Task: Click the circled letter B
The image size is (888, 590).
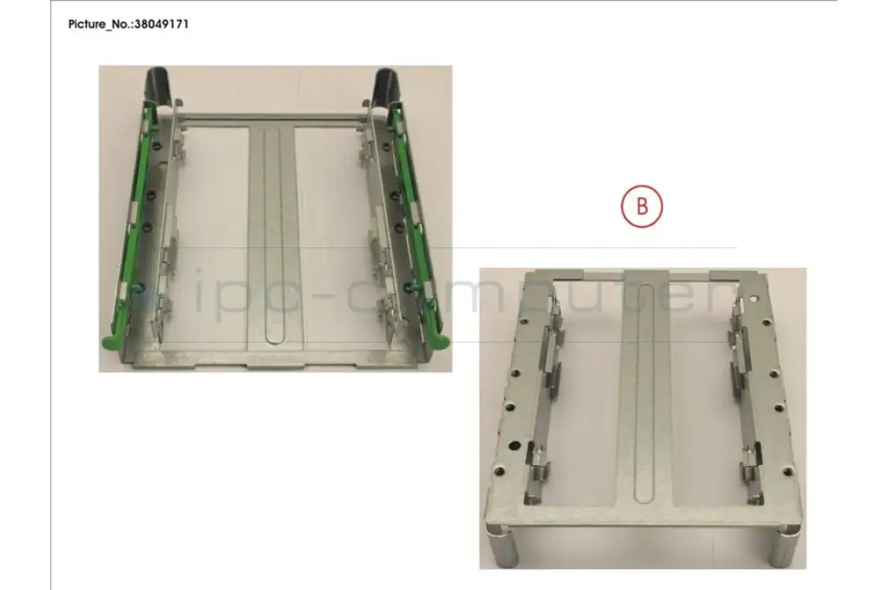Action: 642,206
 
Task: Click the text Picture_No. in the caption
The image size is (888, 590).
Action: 100,24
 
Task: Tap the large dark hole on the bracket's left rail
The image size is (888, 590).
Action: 516,445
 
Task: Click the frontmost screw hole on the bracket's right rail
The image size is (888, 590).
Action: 787,470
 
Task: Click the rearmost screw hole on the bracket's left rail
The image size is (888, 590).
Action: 525,321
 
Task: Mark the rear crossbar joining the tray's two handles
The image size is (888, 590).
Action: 271,117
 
